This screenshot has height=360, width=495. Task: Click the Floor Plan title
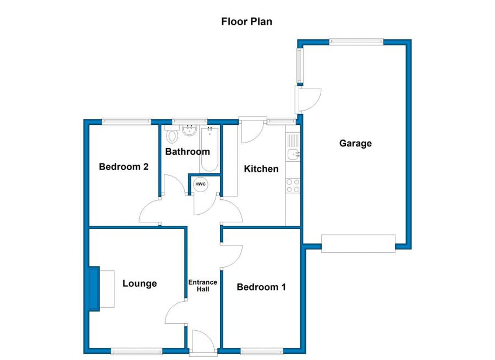tap(247, 21)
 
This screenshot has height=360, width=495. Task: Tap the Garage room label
tap(355, 144)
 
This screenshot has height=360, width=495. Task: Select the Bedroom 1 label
tap(261, 287)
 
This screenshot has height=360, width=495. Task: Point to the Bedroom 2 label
tap(123, 167)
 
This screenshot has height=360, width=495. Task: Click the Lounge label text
tap(139, 283)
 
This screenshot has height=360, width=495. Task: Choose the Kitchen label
tap(261, 168)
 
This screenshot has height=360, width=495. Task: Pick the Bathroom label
tap(188, 151)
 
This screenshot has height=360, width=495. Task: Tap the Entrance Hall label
tap(203, 286)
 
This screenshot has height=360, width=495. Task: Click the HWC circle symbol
tap(200, 184)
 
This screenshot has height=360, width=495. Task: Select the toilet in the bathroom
tap(172, 135)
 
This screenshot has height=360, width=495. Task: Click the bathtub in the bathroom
tap(210, 149)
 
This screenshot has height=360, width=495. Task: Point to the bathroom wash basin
tap(190, 130)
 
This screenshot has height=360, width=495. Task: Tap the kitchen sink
tap(293, 154)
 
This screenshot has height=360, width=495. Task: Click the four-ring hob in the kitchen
tap(293, 186)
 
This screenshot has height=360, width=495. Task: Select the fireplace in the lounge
tap(95, 289)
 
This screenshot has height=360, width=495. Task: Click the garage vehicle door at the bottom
tap(358, 243)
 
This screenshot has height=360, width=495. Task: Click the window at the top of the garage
tap(356, 41)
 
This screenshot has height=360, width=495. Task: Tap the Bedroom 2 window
tap(126, 121)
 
